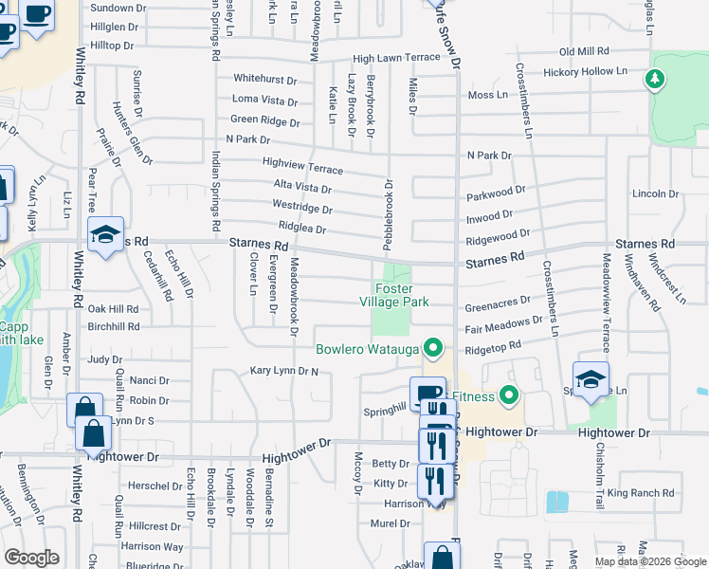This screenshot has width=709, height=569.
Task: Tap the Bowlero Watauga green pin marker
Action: (x=435, y=348)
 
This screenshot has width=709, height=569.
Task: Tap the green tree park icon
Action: (x=654, y=79)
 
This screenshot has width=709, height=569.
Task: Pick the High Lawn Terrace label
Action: (x=397, y=58)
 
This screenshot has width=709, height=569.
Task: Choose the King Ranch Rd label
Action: (x=640, y=493)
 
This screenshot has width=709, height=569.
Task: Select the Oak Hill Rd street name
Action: (x=113, y=309)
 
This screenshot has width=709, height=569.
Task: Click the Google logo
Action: (x=31, y=558)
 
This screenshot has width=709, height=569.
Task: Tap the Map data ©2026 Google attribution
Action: (x=650, y=561)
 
